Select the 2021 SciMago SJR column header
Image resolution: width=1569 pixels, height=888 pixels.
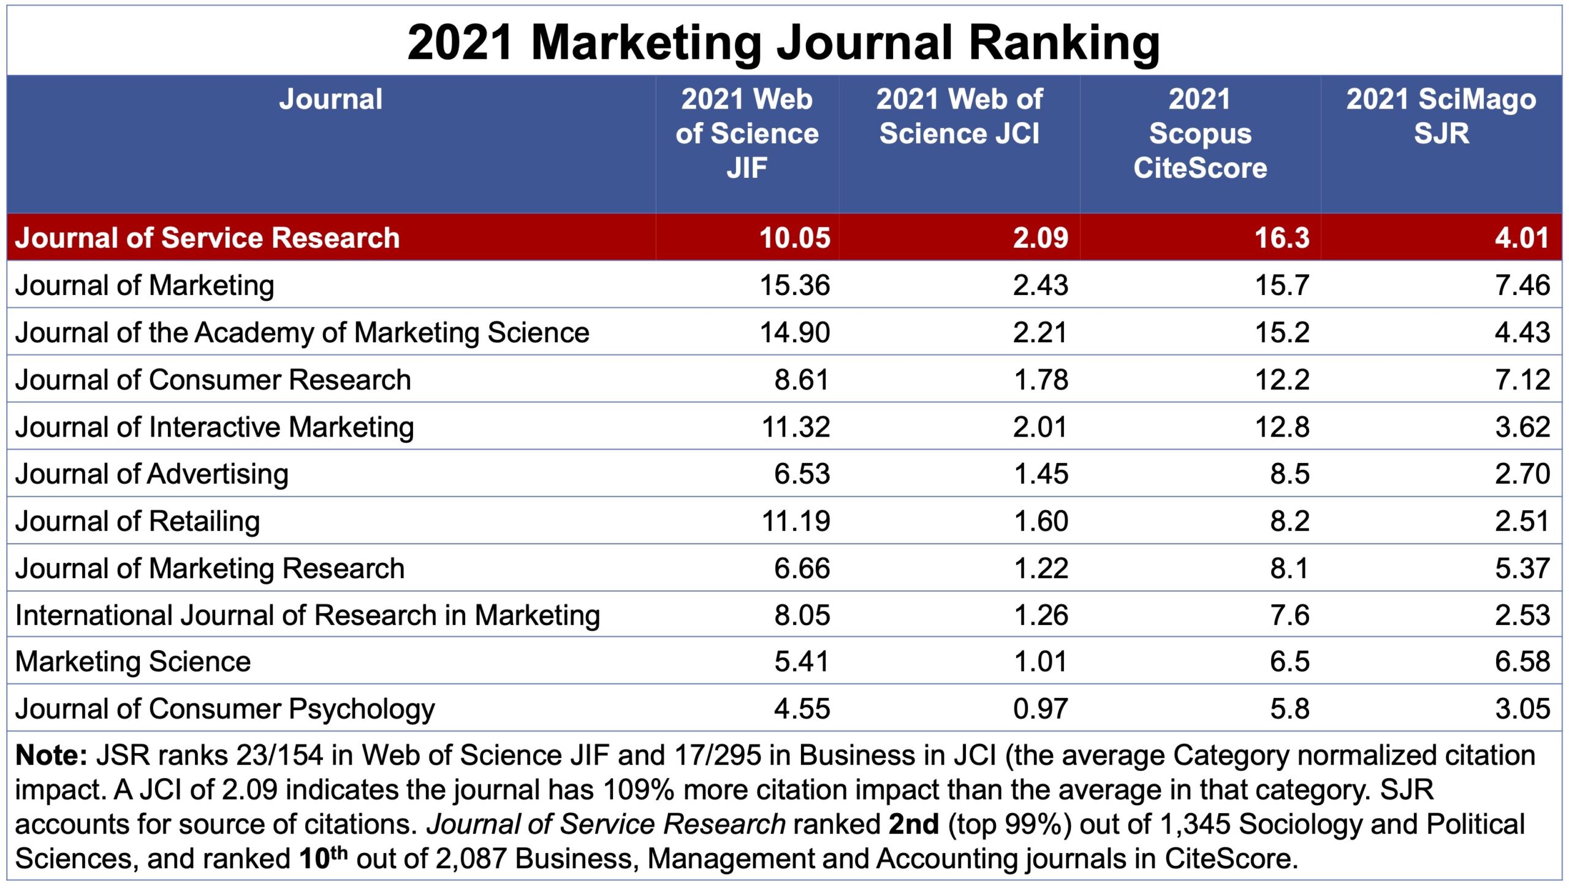pos(1441,116)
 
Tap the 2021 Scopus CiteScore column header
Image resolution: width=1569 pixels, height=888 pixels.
pos(1199,133)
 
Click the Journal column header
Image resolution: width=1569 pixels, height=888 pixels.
pos(330,99)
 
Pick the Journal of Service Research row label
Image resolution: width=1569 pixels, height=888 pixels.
pos(207,238)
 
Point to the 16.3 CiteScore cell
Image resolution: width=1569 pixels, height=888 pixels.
pos(1282,238)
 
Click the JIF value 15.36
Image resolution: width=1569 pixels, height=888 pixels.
pos(794,285)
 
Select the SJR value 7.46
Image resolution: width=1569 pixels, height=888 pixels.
pos(1522,285)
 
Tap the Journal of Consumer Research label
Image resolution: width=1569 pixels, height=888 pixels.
pos(213,380)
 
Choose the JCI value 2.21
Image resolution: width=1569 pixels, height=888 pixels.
pos(1040,332)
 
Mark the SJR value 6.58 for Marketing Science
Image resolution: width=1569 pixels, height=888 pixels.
pos(1522,662)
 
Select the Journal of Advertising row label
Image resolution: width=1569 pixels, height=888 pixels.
pos(151,474)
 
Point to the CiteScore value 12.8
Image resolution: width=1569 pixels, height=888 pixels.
pos(1282,427)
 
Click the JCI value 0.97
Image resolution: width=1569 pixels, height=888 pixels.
pos(1040,709)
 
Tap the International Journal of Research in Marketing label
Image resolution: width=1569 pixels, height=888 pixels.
pos(307,615)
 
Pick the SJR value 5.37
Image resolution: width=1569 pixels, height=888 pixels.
pos(1522,568)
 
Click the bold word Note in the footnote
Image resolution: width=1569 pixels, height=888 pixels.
pos(50,756)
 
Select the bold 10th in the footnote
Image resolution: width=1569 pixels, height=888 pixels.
pos(322,857)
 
